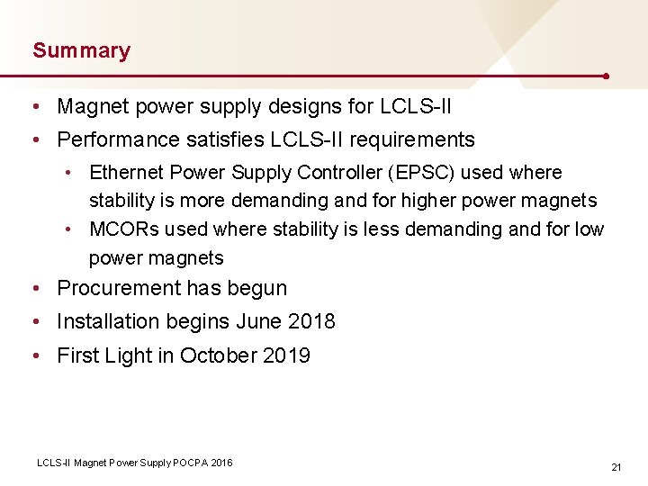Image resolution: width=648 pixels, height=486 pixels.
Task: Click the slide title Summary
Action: [81, 50]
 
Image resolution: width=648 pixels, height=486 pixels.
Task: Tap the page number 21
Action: [616, 467]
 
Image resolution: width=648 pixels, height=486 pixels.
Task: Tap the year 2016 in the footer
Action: [220, 463]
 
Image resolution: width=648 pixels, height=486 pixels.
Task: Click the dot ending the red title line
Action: [608, 76]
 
